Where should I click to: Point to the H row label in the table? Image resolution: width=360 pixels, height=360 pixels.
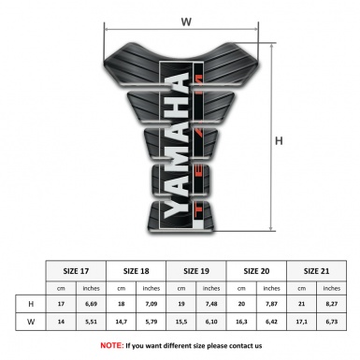click(32, 304)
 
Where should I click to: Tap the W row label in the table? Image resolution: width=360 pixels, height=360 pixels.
click(32, 323)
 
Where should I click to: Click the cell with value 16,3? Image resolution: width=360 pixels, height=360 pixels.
click(242, 323)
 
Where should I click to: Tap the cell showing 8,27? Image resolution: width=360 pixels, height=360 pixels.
click(332, 304)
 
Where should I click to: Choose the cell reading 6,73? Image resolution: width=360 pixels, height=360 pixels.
click(332, 323)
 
